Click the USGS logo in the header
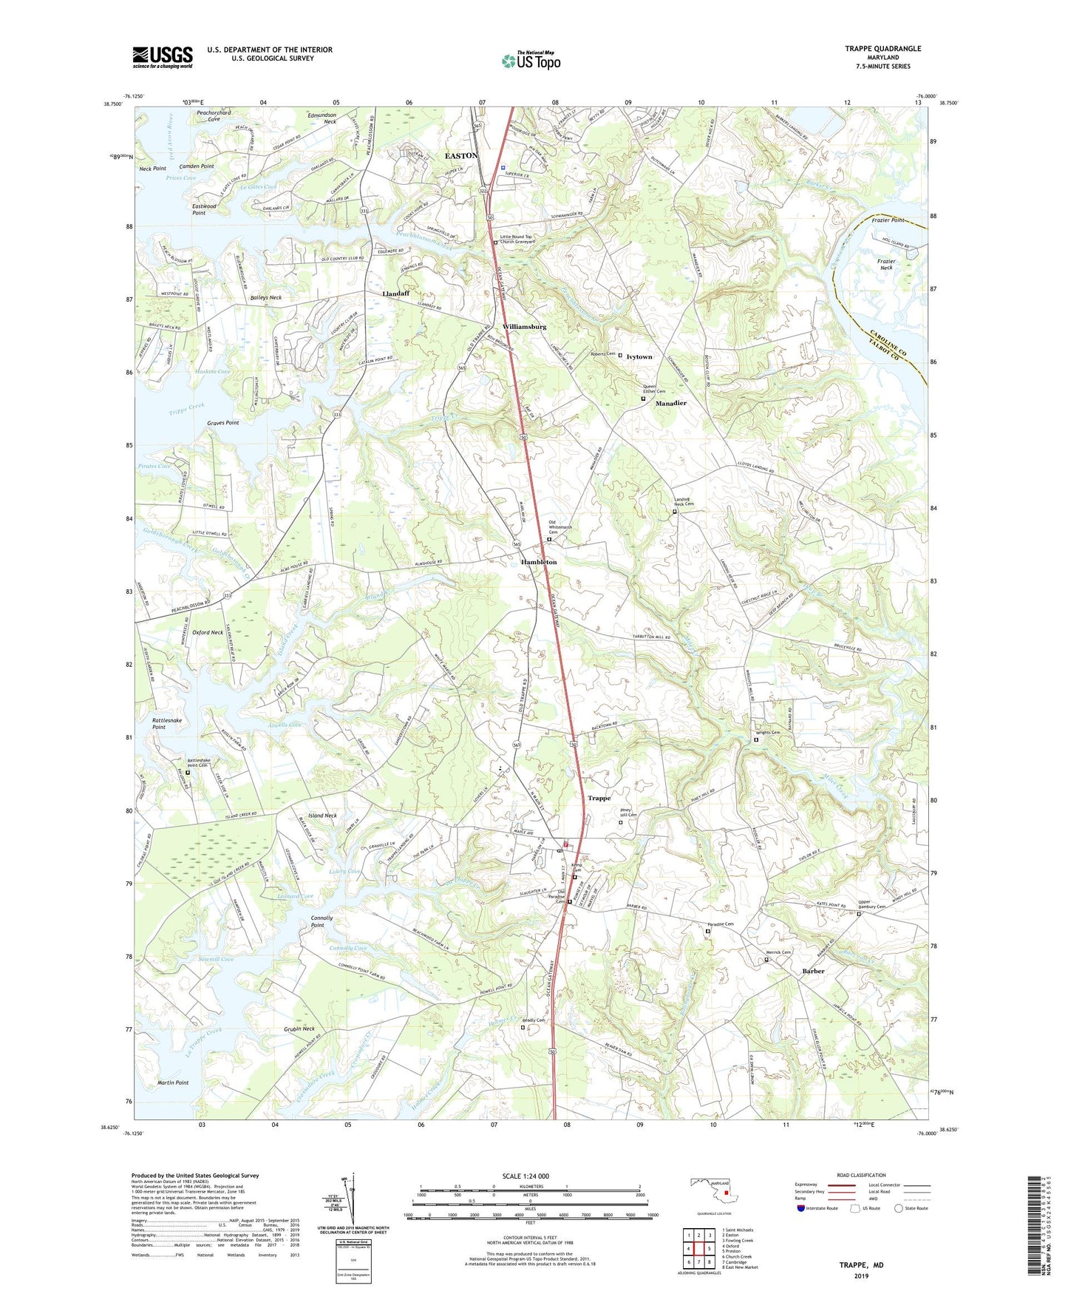click(162, 57)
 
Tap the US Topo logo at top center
click(530, 61)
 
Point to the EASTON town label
click(460, 156)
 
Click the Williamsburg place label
click(524, 326)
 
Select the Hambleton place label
click(539, 562)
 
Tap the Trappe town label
click(599, 798)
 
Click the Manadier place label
click(670, 403)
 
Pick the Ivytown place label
click(639, 356)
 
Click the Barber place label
click(813, 971)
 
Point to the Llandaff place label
click(395, 294)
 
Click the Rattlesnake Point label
click(167, 723)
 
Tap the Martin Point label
click(173, 1082)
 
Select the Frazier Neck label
click(885, 264)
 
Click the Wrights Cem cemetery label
click(768, 733)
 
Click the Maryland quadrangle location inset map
click(714, 1192)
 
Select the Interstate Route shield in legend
click(801, 1209)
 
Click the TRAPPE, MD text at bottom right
click(861, 1265)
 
